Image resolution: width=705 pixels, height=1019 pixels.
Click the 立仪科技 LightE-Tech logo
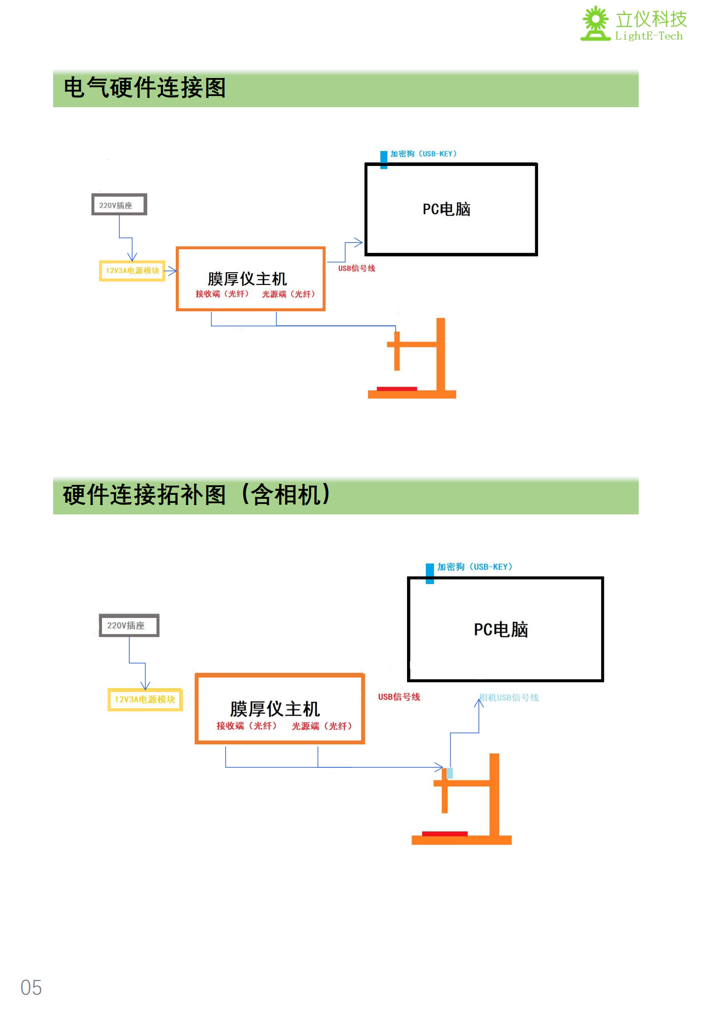pyautogui.click(x=634, y=24)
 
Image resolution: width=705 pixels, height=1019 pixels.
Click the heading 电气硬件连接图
pyautogui.click(x=145, y=88)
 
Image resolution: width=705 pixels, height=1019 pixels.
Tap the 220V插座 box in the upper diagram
pyautogui.click(x=119, y=205)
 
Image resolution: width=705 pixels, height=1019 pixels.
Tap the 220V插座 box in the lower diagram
pyautogui.click(x=129, y=625)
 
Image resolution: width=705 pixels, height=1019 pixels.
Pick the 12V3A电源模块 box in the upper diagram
pyautogui.click(x=132, y=271)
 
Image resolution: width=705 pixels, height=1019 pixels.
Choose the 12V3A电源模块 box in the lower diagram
pyautogui.click(x=145, y=700)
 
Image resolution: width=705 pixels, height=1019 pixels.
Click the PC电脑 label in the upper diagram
pyautogui.click(x=446, y=209)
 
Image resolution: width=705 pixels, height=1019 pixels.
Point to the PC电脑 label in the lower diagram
pyautogui.click(x=501, y=630)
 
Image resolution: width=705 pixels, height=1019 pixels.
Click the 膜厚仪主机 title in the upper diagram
pyautogui.click(x=247, y=279)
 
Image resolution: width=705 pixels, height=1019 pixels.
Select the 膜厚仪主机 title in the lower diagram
pyautogui.click(x=275, y=709)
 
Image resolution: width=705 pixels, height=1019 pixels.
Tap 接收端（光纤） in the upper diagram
pyautogui.click(x=222, y=294)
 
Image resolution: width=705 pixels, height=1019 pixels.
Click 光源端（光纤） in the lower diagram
pyautogui.click(x=322, y=726)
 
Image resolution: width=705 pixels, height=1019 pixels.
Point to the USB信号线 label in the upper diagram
pyautogui.click(x=357, y=269)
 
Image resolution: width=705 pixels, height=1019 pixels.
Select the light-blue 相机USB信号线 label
pyautogui.click(x=509, y=698)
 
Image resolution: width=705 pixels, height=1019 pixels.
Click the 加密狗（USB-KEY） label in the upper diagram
pyautogui.click(x=423, y=154)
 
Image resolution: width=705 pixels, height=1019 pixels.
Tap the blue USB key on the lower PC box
pyautogui.click(x=430, y=573)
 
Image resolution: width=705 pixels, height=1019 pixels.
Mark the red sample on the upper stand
pyautogui.click(x=397, y=388)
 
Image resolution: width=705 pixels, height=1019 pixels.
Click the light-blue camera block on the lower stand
pyautogui.click(x=450, y=773)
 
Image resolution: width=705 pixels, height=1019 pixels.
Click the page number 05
pyautogui.click(x=31, y=987)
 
